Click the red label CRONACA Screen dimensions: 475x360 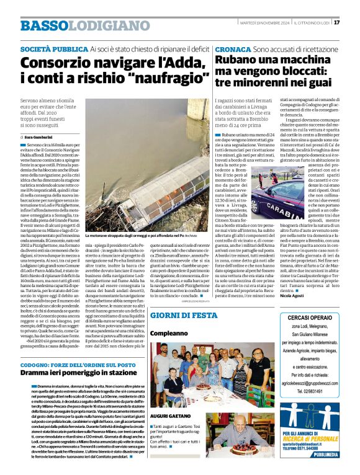[x=233, y=48]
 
